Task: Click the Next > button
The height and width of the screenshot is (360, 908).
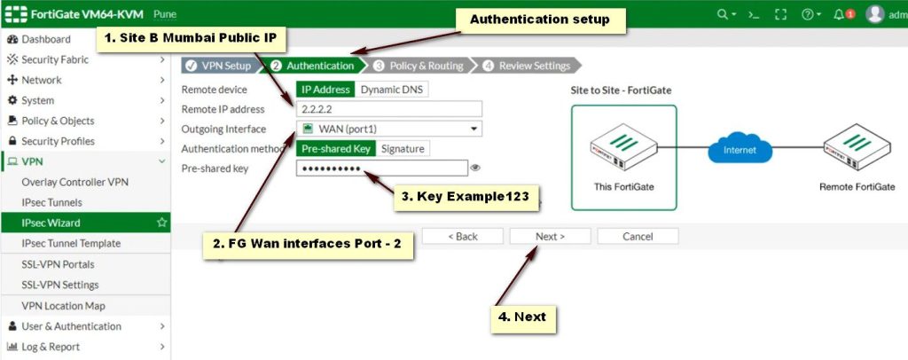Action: pos(550,236)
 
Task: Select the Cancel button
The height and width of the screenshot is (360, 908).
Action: pos(638,236)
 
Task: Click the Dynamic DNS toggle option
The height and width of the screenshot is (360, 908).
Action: pos(391,90)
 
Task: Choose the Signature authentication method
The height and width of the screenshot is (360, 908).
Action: pos(403,149)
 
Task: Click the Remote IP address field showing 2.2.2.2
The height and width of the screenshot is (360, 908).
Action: pos(388,109)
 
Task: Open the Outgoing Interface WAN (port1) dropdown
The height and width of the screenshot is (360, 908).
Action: pos(388,129)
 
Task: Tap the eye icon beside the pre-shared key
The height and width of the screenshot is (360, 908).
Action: pos(475,168)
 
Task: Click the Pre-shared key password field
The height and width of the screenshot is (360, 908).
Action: pos(381,168)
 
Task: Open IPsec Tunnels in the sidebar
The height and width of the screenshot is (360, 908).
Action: pos(51,202)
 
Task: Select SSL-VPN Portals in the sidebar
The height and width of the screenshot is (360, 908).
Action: pos(58,264)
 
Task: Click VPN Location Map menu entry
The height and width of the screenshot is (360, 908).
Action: pos(63,306)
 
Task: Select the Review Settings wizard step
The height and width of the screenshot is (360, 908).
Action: pos(529,66)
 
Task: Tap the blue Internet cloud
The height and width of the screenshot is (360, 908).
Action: pos(740,150)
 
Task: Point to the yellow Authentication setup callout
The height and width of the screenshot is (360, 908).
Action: pos(539,20)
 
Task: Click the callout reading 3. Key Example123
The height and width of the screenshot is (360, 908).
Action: pos(466,198)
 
